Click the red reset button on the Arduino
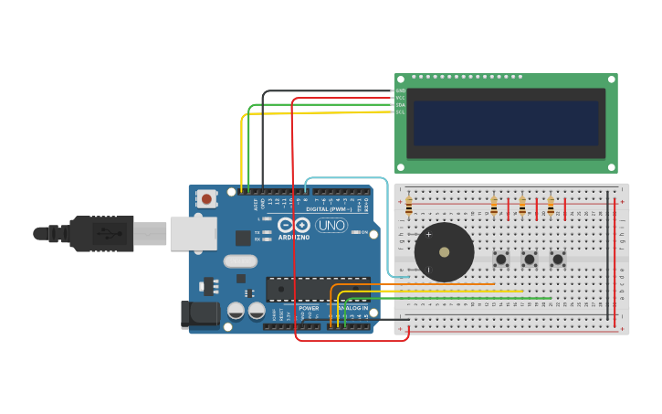pyautogui.click(x=207, y=198)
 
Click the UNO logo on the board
pyautogui.click(x=331, y=225)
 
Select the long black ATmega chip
pyautogui.click(x=318, y=289)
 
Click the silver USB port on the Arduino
pyautogui.click(x=193, y=233)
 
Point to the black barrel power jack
pyautogui.click(x=199, y=313)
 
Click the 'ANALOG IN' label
pyautogui.click(x=352, y=308)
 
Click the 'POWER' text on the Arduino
pyautogui.click(x=309, y=308)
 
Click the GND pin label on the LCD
pyautogui.click(x=401, y=90)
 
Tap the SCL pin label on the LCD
pyautogui.click(x=401, y=112)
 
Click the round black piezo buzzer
pyautogui.click(x=444, y=252)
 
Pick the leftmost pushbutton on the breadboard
pyautogui.click(x=500, y=260)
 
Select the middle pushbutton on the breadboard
pyautogui.click(x=529, y=260)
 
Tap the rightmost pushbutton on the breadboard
pyautogui.click(x=557, y=260)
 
